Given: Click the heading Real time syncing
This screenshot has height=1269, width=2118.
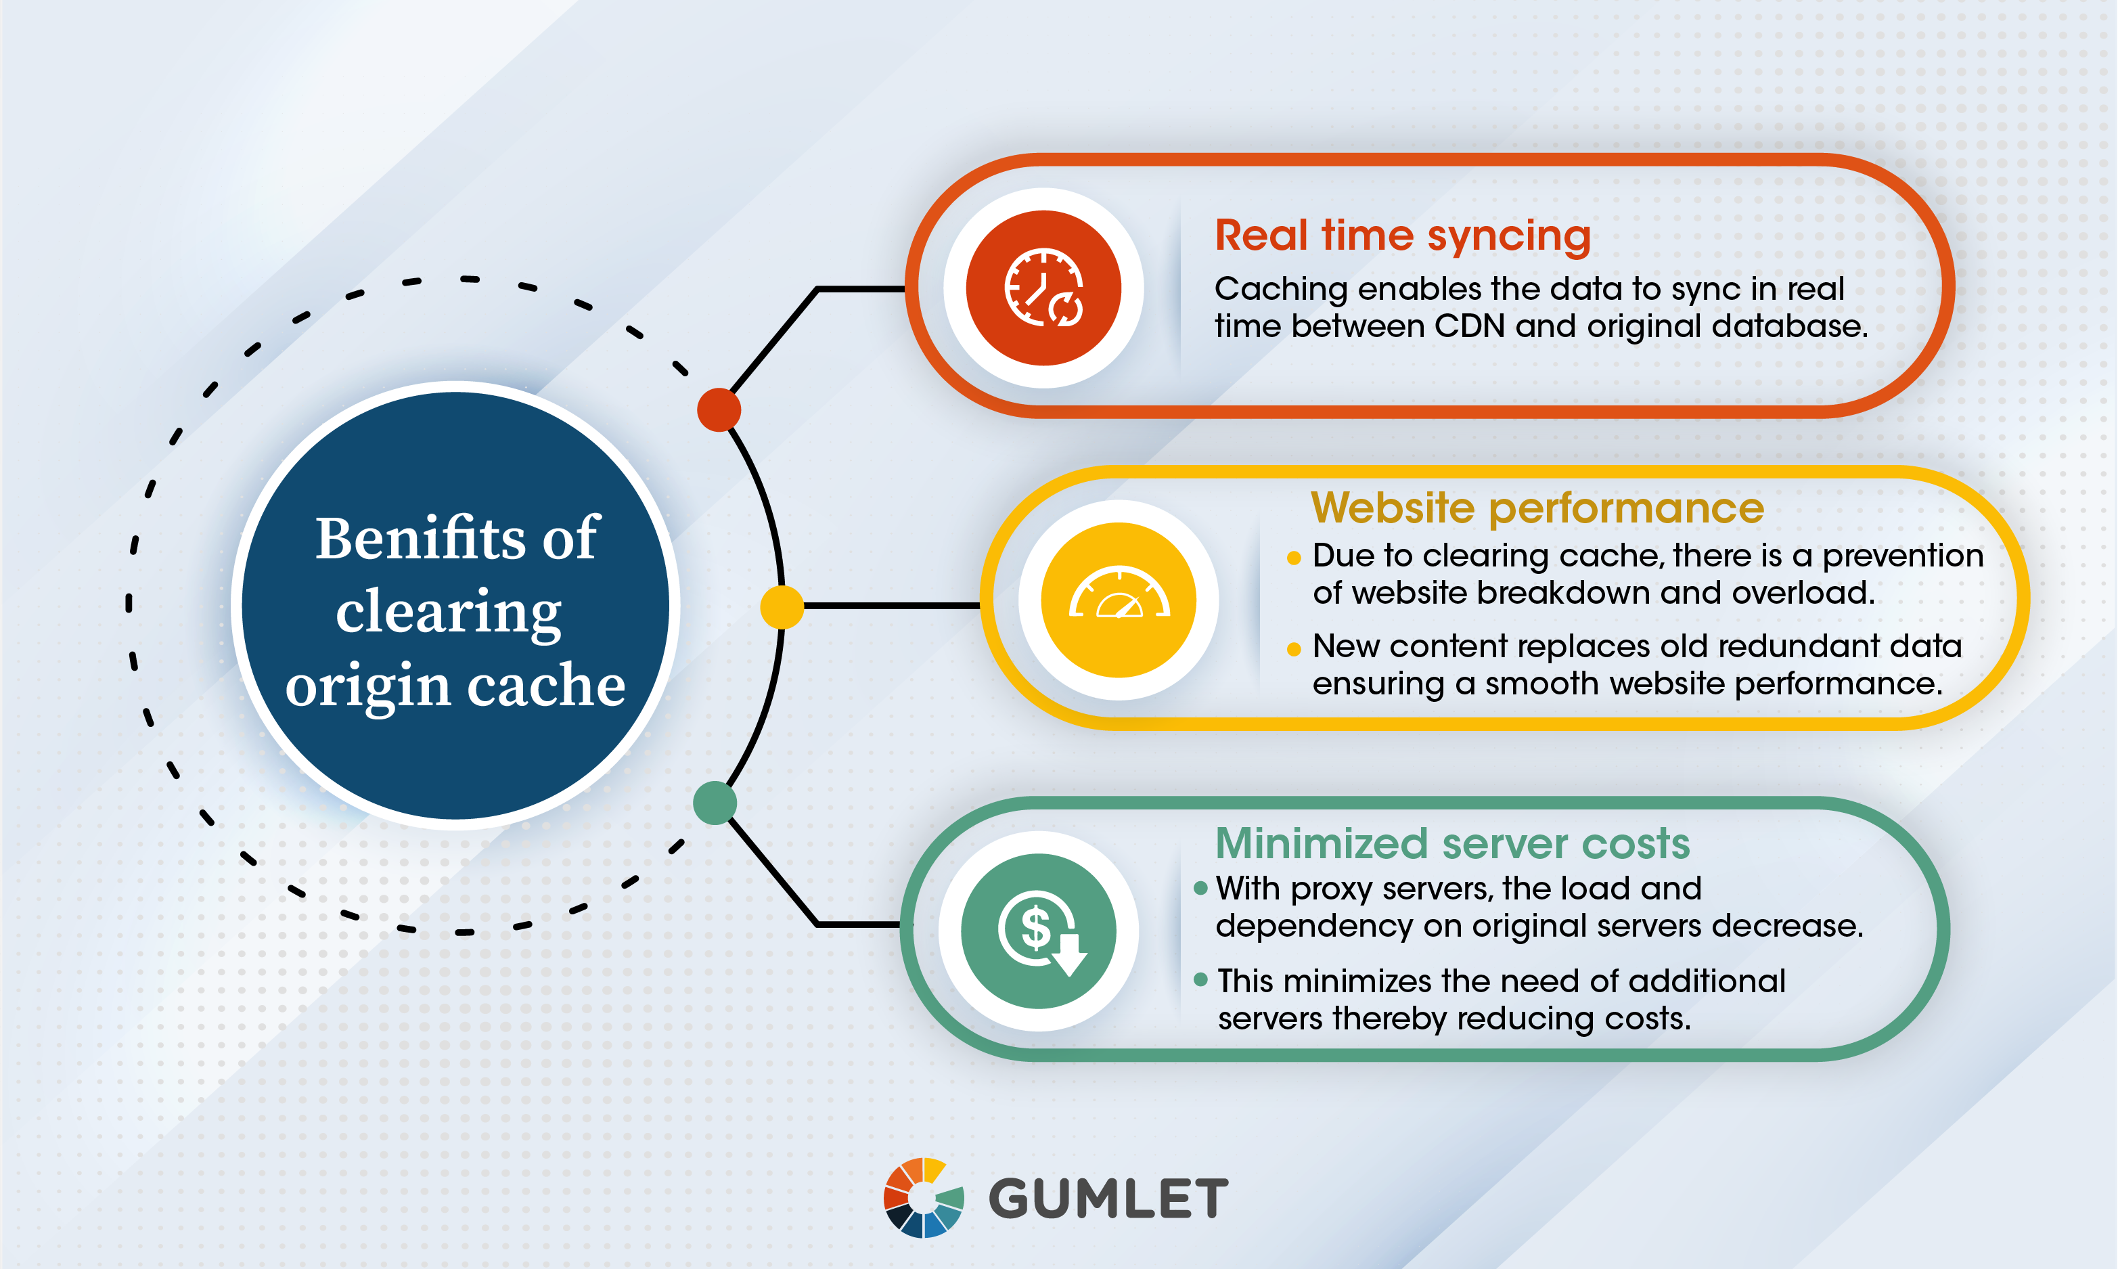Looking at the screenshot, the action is click(x=1403, y=237).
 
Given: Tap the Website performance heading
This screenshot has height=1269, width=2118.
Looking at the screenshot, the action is click(x=1537, y=508).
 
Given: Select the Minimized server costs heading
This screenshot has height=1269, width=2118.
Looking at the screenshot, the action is click(x=1452, y=843).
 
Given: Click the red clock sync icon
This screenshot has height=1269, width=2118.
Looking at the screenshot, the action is click(x=1043, y=288).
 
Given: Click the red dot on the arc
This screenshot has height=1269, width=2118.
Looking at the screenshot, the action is click(x=719, y=409).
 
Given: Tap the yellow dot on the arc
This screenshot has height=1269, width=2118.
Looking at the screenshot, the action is click(x=781, y=606).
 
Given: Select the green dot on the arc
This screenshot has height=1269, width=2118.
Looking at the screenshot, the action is click(x=715, y=802).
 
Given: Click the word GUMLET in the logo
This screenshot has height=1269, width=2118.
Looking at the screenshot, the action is click(x=1108, y=1198).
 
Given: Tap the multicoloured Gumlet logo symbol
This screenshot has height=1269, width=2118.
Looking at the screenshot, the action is click(x=924, y=1198).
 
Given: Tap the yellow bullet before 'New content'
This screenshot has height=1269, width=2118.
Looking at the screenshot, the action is click(x=1293, y=649).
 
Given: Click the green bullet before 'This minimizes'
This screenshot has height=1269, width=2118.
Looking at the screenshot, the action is click(x=1200, y=980).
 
